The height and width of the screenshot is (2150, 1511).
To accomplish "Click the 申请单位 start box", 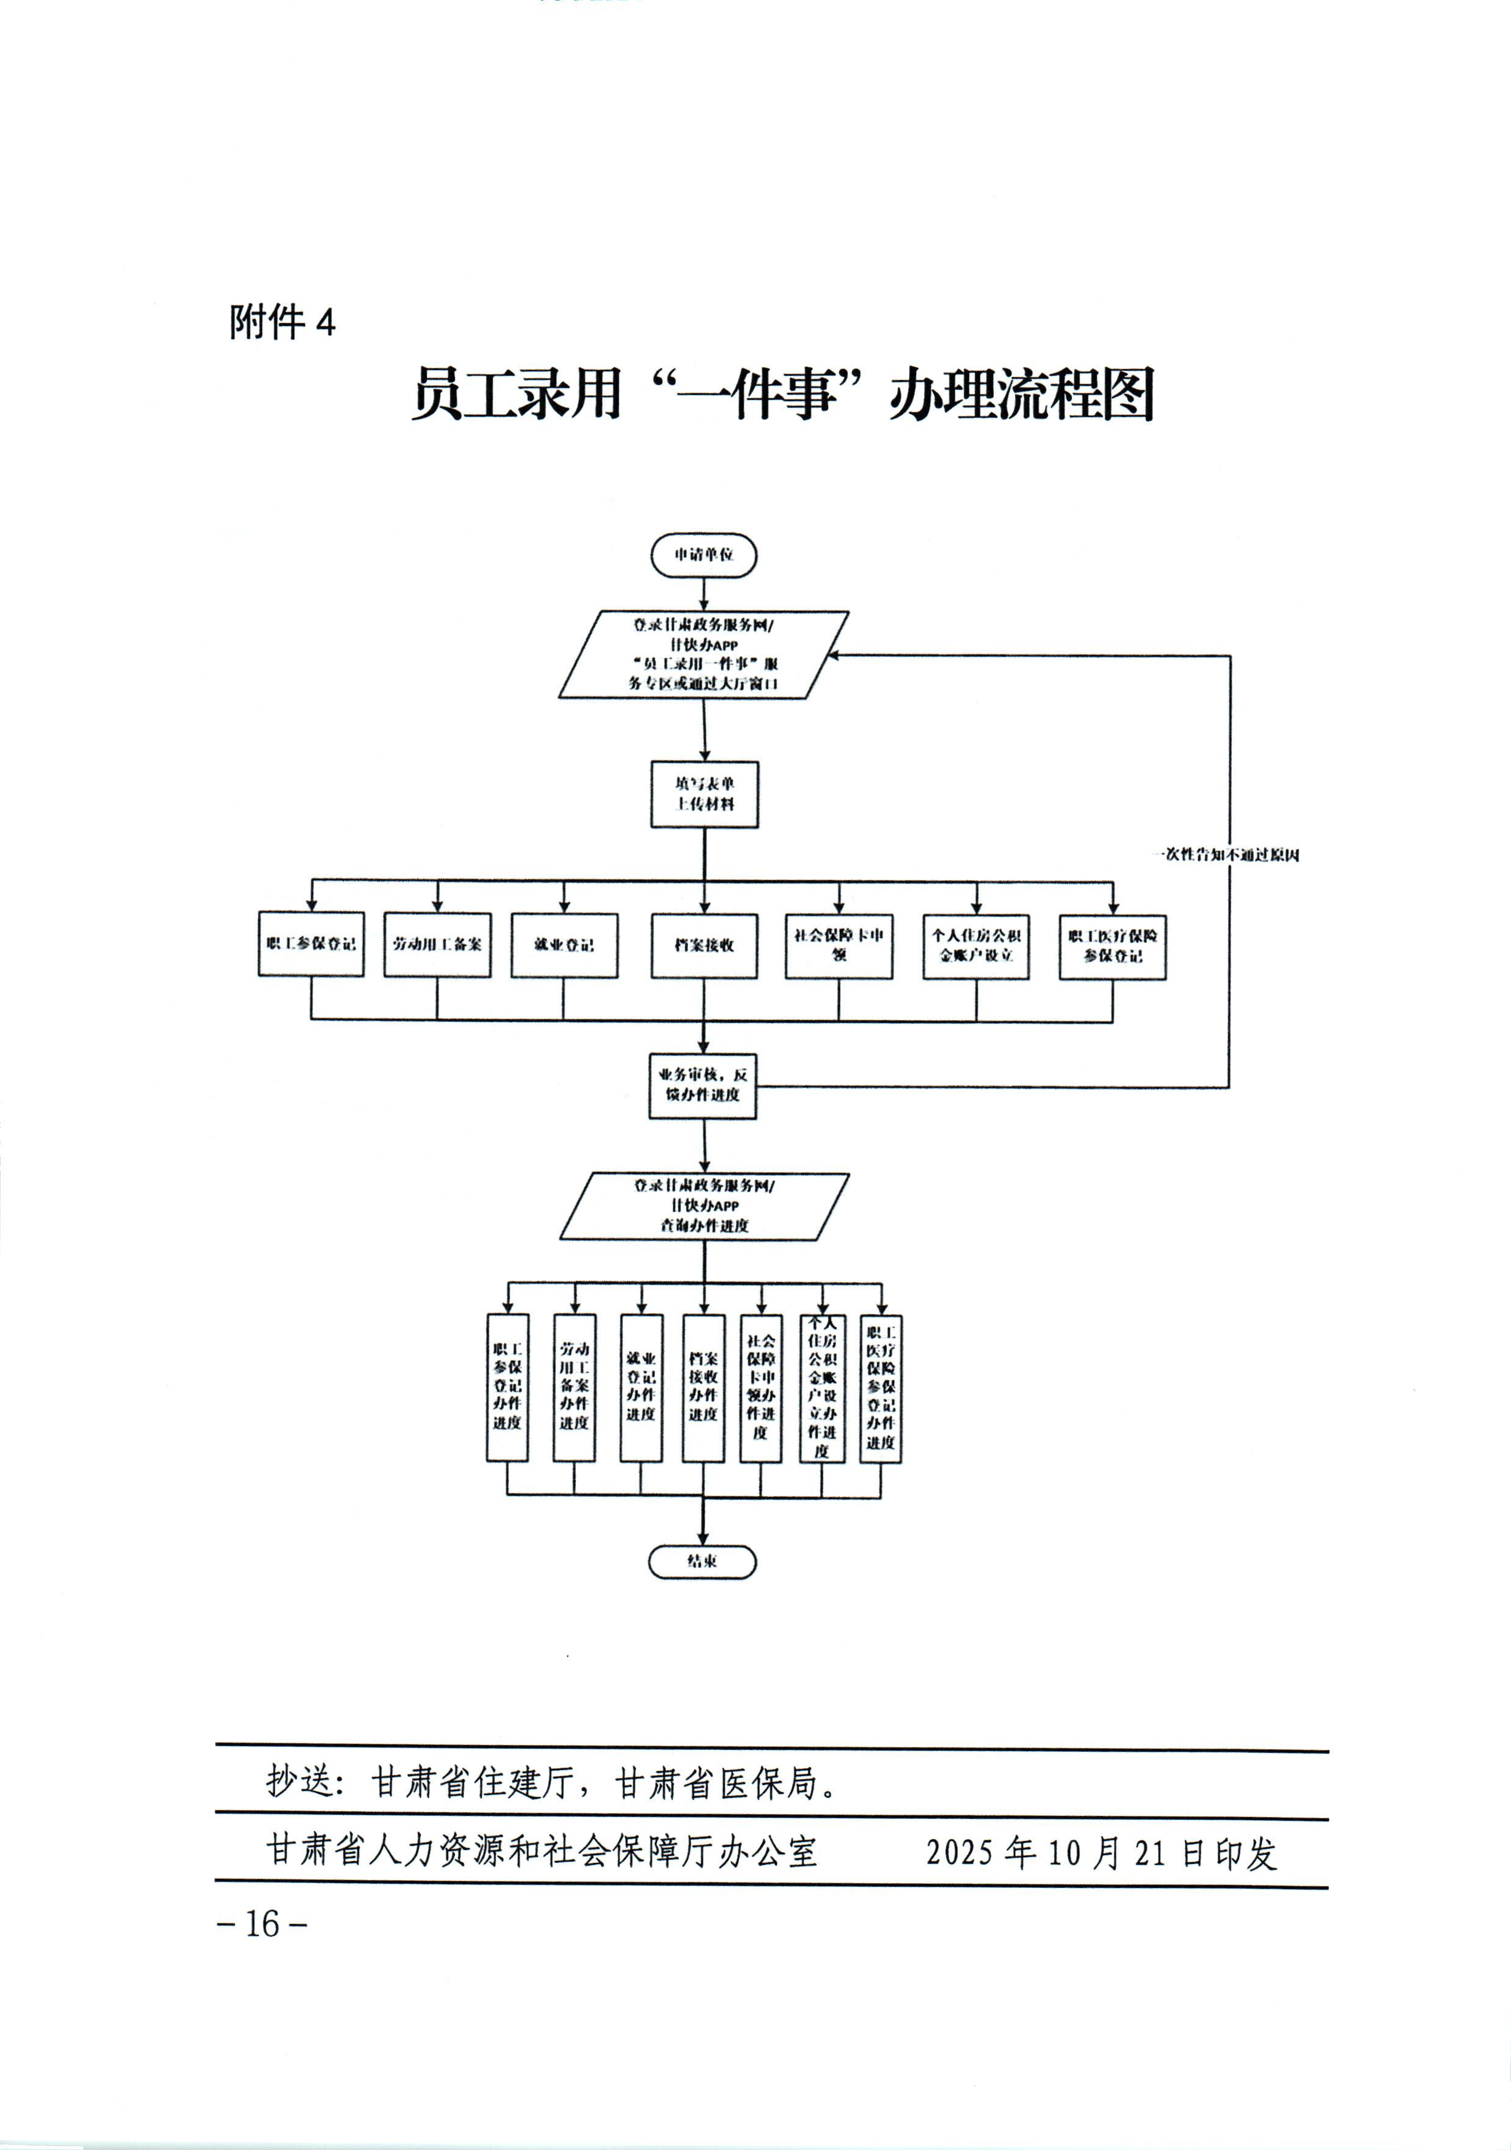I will pos(703,555).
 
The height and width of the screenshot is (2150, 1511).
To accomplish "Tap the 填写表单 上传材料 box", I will pos(704,794).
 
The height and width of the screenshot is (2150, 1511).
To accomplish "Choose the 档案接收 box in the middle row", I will pos(704,946).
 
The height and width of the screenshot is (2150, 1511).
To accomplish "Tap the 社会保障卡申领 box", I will pos(839,946).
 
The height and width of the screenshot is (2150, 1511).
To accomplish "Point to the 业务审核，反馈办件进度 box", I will pos(703,1085).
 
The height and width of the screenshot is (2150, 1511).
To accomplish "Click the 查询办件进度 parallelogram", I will pos(704,1206).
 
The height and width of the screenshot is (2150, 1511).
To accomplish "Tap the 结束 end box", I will pos(702,1562).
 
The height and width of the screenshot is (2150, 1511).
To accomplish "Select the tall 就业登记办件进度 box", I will pos(641,1388).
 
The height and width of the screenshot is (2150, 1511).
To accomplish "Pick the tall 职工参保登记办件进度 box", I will pos(508,1388).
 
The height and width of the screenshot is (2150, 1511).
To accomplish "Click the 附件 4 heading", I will pos(282,323).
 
